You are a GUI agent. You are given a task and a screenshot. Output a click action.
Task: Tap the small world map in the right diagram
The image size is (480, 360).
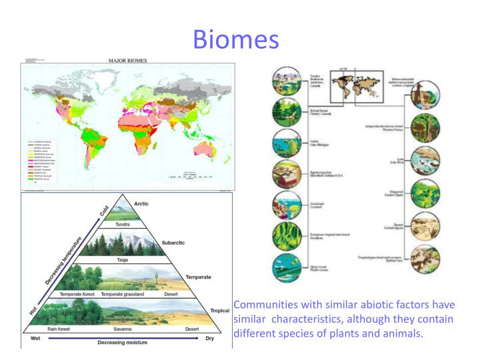coord(357,90)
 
